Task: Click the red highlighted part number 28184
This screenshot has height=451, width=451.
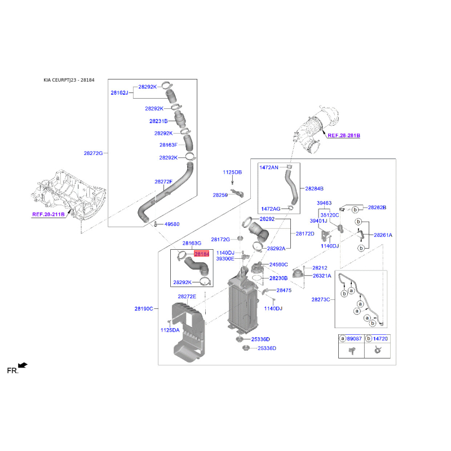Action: tap(202, 254)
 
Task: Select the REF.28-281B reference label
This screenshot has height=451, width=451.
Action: tap(344, 135)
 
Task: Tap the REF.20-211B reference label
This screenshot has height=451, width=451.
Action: tap(48, 214)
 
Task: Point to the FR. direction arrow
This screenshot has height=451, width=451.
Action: tap(23, 365)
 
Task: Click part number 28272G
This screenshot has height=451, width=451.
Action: tap(93, 153)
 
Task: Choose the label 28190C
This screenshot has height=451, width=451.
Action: tap(144, 308)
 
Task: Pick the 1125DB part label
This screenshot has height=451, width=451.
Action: tap(232, 173)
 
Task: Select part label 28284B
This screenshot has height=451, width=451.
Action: tap(314, 189)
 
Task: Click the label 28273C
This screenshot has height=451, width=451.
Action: tap(321, 299)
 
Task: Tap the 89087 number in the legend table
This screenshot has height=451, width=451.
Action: tap(354, 339)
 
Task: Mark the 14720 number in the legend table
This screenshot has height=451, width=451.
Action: tap(380, 339)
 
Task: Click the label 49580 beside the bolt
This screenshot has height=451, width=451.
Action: tap(172, 224)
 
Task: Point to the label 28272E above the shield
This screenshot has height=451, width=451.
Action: tap(187, 297)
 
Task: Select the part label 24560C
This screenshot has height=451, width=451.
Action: tap(278, 264)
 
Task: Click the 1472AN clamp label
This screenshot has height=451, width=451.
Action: tap(269, 167)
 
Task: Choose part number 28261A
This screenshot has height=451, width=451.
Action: tap(383, 235)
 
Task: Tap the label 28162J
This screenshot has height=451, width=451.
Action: tap(120, 92)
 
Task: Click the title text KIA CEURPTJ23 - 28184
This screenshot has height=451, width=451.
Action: tap(69, 80)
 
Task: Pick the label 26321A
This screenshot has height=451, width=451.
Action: tap(322, 276)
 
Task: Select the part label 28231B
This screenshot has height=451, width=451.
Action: tap(158, 121)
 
